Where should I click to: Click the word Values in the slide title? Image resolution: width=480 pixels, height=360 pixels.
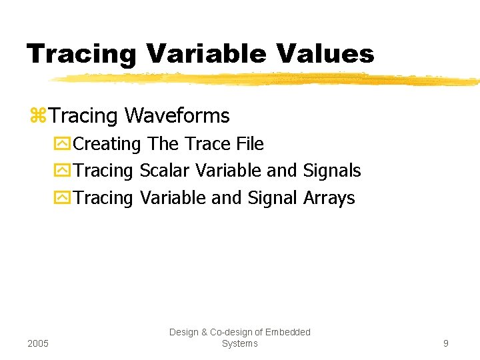click(x=322, y=53)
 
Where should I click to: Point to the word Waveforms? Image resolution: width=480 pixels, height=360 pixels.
click(x=177, y=116)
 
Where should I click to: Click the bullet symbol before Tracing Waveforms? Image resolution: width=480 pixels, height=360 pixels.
click(x=38, y=116)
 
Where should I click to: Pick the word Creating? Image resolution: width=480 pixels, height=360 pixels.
click(x=107, y=144)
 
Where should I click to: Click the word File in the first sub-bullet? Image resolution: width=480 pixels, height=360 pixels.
click(x=249, y=144)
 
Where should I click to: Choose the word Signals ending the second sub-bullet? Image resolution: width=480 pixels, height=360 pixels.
click(x=331, y=171)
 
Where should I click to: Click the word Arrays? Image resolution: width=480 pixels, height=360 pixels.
click(x=329, y=198)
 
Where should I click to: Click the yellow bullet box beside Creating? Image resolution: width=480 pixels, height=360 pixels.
click(x=63, y=144)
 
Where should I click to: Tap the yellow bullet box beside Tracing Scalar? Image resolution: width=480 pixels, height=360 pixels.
click(x=63, y=171)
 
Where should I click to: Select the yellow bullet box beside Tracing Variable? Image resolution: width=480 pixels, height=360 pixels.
click(x=63, y=198)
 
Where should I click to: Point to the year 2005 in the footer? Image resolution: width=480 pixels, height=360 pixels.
click(x=39, y=343)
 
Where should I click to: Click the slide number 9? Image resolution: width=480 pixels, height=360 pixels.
click(x=445, y=343)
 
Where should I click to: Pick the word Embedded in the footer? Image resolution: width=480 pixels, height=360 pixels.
click(x=288, y=332)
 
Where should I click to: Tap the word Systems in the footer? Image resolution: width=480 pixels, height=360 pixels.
click(x=239, y=343)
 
